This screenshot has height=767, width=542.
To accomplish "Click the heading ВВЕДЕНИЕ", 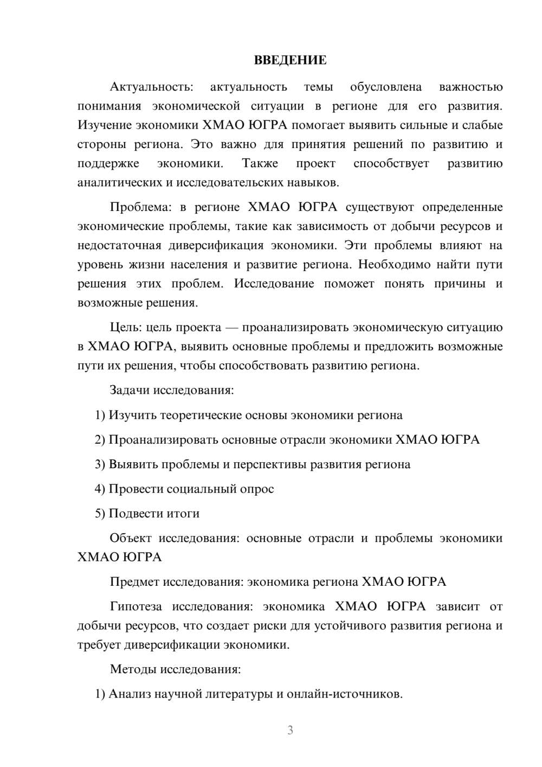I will click(x=290, y=60).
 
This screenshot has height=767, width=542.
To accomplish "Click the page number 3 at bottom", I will click(x=290, y=730).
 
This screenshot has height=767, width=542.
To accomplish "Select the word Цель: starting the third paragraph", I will click(x=126, y=328).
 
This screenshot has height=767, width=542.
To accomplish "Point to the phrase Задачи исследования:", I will click(x=171, y=390).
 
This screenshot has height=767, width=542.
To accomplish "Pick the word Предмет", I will click(x=134, y=582).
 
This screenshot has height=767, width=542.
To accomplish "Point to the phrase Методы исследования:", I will click(x=175, y=669).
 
